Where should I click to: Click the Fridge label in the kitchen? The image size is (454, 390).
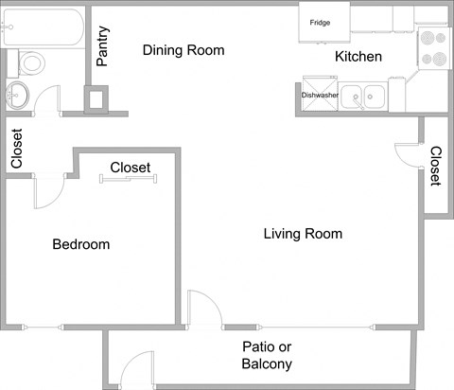[320, 22]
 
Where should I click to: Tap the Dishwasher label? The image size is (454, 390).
[320, 95]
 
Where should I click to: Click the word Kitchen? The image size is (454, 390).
[358, 57]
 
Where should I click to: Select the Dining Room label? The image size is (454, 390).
[183, 49]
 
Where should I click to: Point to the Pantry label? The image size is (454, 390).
[103, 47]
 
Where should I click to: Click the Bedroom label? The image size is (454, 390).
[80, 244]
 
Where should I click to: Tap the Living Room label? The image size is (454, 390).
[303, 233]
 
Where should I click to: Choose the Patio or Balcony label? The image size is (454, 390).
[267, 355]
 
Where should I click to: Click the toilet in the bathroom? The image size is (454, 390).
[31, 62]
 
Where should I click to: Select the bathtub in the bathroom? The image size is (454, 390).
[44, 26]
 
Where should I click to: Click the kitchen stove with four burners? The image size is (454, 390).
[432, 48]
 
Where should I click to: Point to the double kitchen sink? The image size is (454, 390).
[362, 95]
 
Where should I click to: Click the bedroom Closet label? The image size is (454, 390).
[131, 167]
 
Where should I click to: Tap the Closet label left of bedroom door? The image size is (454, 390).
[16, 149]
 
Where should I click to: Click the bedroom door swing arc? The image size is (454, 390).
[49, 193]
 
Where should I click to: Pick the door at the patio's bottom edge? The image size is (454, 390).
[137, 370]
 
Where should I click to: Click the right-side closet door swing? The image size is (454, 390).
[408, 153]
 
